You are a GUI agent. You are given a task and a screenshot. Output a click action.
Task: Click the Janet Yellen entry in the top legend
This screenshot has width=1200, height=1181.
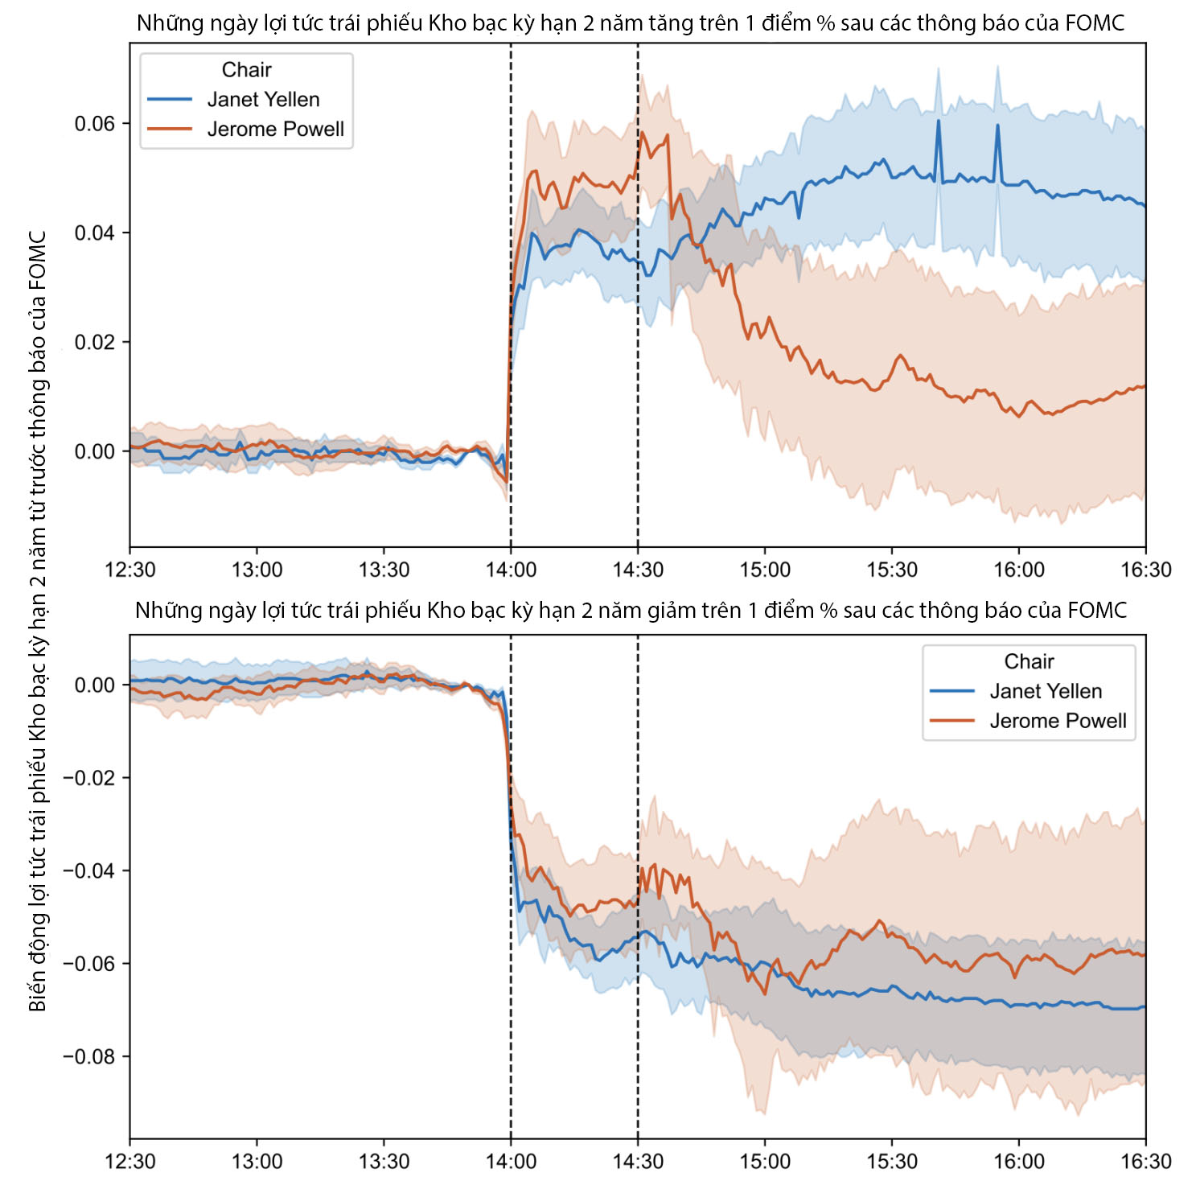pyautogui.click(x=263, y=100)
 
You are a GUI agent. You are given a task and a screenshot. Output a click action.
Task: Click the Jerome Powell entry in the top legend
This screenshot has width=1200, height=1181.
pyautogui.click(x=275, y=130)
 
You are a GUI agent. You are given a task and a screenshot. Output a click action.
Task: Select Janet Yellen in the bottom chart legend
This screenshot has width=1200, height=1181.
pyautogui.click(x=1045, y=691)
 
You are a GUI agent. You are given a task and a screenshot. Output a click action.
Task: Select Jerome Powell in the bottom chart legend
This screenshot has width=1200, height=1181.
pyautogui.click(x=1057, y=721)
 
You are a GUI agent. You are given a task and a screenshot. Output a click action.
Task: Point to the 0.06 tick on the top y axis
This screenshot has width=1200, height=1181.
pyautogui.click(x=95, y=123)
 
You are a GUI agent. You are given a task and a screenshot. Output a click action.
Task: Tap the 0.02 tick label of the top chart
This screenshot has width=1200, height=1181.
pyautogui.click(x=95, y=342)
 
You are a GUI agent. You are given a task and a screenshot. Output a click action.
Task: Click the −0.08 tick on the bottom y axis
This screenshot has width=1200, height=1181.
pyautogui.click(x=88, y=1056)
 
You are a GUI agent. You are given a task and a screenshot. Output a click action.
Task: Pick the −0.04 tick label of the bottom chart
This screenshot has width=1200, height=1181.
pyautogui.click(x=88, y=870)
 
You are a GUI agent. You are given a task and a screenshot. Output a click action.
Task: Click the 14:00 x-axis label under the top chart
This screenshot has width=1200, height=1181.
pyautogui.click(x=511, y=570)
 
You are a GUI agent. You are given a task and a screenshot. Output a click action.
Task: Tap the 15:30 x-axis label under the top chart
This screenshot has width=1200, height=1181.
pyautogui.click(x=892, y=570)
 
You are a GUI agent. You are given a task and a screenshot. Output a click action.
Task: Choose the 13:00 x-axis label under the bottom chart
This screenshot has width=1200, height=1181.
pyautogui.click(x=257, y=1162)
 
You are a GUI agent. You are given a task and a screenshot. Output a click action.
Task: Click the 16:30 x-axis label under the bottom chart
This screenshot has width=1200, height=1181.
pyautogui.click(x=1145, y=1162)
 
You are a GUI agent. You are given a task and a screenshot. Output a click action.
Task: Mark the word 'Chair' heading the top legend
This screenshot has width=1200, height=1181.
pyautogui.click(x=246, y=70)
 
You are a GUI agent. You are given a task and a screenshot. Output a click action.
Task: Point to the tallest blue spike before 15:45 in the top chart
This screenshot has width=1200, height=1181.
pyautogui.click(x=938, y=121)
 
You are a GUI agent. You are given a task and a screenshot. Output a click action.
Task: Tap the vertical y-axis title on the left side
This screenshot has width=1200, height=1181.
pyautogui.click(x=38, y=619)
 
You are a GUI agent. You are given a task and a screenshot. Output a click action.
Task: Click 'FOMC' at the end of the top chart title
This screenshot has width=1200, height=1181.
pyautogui.click(x=1095, y=23)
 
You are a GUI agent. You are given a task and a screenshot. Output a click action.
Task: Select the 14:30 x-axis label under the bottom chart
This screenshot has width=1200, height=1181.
pyautogui.click(x=638, y=1162)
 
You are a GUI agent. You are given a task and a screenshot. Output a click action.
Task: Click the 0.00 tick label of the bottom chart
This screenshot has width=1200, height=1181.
pyautogui.click(x=95, y=685)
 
